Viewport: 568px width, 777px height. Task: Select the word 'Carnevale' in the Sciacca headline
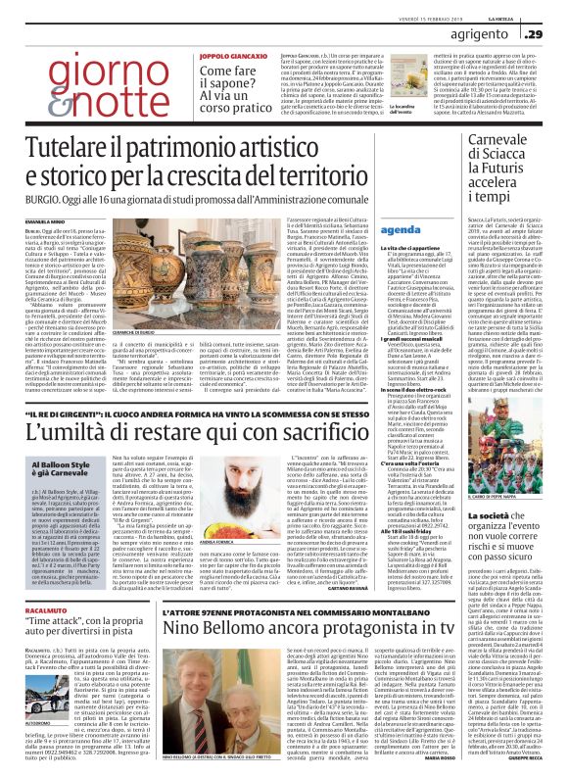coord(512,143)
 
